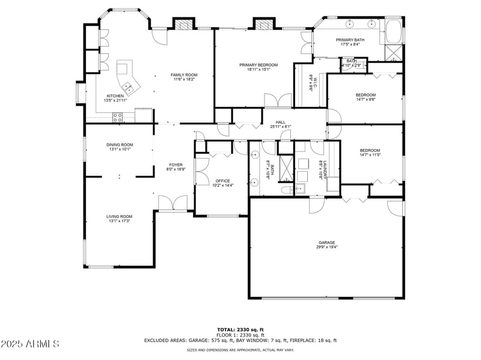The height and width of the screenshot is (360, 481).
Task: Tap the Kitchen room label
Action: click(x=115, y=96)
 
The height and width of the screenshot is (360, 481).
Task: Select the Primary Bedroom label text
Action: click(x=259, y=65)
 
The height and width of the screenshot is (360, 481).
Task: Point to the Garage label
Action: click(x=327, y=243)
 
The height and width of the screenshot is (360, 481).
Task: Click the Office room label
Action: click(x=223, y=181)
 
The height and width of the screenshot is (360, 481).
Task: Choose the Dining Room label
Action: click(x=120, y=144)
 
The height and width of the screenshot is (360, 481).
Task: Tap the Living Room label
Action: click(x=120, y=216)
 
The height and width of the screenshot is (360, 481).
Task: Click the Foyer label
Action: click(x=176, y=164)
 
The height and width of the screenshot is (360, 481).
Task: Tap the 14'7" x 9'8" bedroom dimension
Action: click(x=366, y=100)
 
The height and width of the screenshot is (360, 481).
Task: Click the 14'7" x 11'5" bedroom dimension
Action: click(x=370, y=155)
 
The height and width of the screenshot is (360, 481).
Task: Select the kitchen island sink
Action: click(x=127, y=86)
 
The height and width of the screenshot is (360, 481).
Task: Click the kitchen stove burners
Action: click(x=118, y=117)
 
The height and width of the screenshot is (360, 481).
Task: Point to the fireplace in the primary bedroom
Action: click(x=263, y=25)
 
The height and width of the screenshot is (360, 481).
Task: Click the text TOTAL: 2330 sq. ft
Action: click(x=240, y=329)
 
